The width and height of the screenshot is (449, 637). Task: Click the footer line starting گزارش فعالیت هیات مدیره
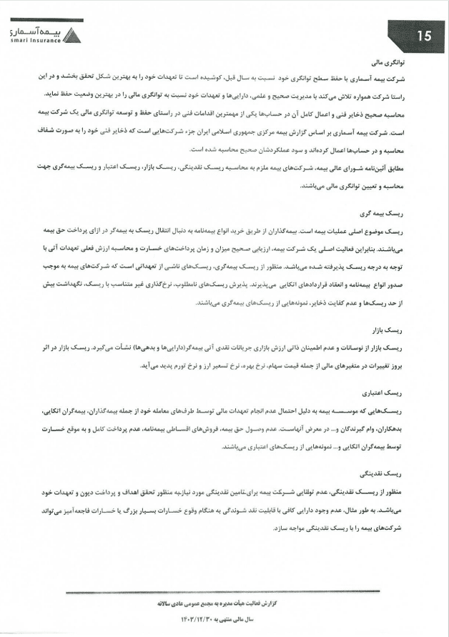pyautogui.click(x=224, y=604)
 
